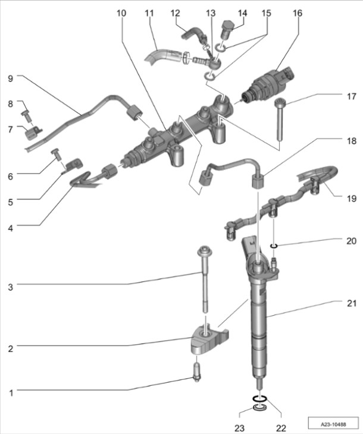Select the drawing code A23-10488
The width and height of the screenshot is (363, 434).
click(x=332, y=424)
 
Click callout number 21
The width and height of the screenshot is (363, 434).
click(x=351, y=304)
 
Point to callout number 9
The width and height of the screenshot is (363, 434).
click(x=10, y=78)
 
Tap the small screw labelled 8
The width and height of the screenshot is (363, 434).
click(x=26, y=113)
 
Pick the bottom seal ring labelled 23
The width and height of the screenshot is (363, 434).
click(x=258, y=408)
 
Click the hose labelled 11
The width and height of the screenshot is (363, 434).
click(x=159, y=58)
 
